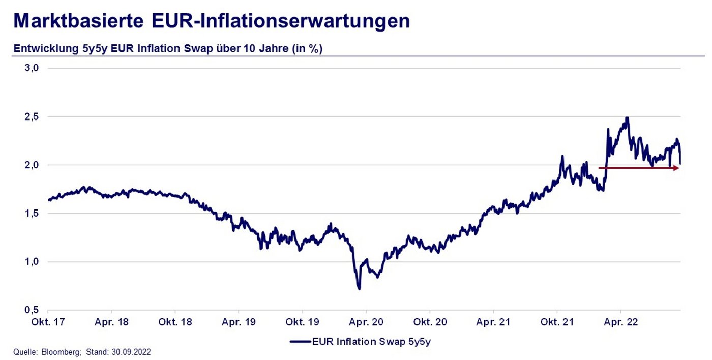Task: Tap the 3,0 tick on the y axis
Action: click(32, 68)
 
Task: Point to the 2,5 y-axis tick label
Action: click(32, 116)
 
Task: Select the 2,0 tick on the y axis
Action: click(32, 165)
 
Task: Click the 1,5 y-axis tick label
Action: click(32, 214)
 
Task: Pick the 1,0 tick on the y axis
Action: click(32, 262)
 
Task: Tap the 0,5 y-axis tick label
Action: click(32, 310)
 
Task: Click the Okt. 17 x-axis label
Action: click(48, 322)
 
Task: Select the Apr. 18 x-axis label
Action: click(111, 322)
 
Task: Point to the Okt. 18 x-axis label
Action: click(175, 322)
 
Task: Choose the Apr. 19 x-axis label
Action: click(239, 322)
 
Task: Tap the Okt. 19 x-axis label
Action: click(302, 322)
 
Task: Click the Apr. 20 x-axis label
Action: click(366, 322)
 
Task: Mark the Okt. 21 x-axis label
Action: click(557, 322)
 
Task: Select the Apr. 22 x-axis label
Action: click(620, 322)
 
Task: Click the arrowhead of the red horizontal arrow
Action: click(677, 168)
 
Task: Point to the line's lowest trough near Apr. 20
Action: click(360, 289)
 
